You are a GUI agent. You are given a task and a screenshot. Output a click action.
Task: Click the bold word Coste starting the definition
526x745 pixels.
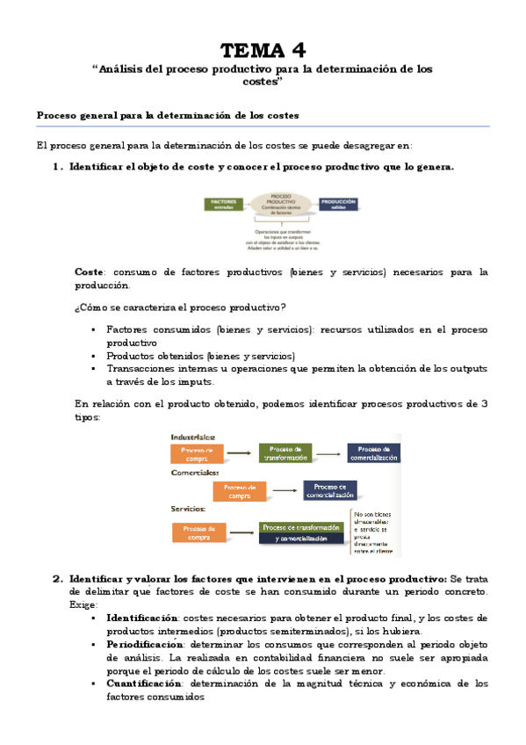pyautogui.click(x=90, y=272)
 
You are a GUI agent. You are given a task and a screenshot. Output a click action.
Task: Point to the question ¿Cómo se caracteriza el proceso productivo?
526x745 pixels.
pyautogui.click(x=180, y=306)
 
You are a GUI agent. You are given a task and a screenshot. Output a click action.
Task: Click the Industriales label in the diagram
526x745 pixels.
pyautogui.click(x=192, y=437)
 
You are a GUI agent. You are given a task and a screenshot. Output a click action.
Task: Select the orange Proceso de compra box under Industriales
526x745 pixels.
pyautogui.click(x=197, y=453)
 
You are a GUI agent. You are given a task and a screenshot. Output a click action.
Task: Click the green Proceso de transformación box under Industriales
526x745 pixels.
pyautogui.click(x=285, y=453)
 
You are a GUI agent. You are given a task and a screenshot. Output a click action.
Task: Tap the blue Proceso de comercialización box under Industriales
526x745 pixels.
pyautogui.click(x=373, y=453)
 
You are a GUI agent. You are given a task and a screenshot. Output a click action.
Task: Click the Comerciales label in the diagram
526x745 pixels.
pyautogui.click(x=195, y=473)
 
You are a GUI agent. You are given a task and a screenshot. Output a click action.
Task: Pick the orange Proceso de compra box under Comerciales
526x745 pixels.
pyautogui.click(x=240, y=490)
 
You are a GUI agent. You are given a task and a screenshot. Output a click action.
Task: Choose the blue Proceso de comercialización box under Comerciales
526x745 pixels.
pyautogui.click(x=330, y=490)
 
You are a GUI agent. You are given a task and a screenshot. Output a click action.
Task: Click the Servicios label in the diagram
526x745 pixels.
pyautogui.click(x=189, y=509)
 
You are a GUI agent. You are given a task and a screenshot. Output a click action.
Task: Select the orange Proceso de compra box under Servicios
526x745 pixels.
pyautogui.click(x=197, y=532)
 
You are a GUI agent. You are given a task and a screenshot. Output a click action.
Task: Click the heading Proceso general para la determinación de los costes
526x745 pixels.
pyautogui.click(x=167, y=115)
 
